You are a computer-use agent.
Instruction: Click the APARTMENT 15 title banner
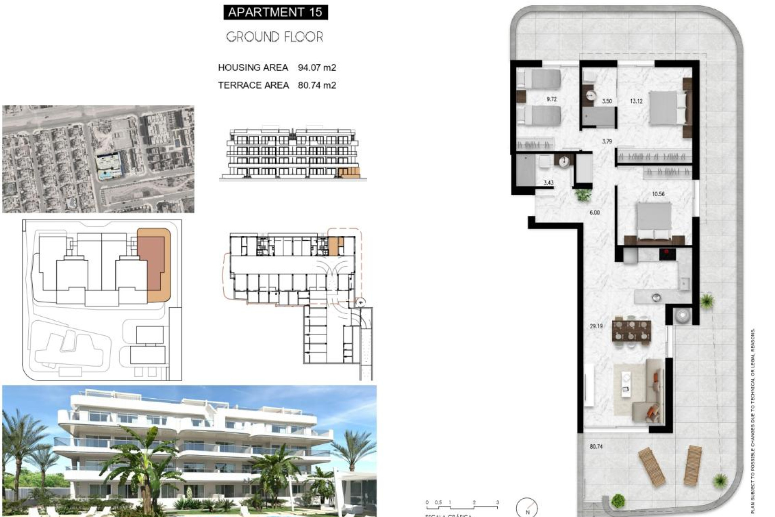point(275,12)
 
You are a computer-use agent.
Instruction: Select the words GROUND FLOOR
point(274,37)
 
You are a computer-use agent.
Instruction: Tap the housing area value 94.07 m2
point(317,67)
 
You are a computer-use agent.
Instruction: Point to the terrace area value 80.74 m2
point(317,85)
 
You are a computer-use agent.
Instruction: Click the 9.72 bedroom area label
point(551,99)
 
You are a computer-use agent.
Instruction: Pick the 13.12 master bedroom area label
point(636,101)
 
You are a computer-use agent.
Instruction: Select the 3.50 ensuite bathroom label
point(607,101)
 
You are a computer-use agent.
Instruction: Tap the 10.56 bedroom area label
point(658,194)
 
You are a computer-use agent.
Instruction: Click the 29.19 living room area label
point(596,326)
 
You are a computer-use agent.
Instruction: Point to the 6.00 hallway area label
point(595,212)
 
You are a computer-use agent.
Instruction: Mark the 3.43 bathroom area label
point(548,183)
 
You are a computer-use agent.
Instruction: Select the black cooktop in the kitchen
point(667,254)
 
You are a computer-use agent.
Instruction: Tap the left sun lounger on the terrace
point(651,467)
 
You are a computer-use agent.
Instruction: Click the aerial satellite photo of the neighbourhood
point(98,159)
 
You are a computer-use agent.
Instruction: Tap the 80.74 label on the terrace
point(596,446)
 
